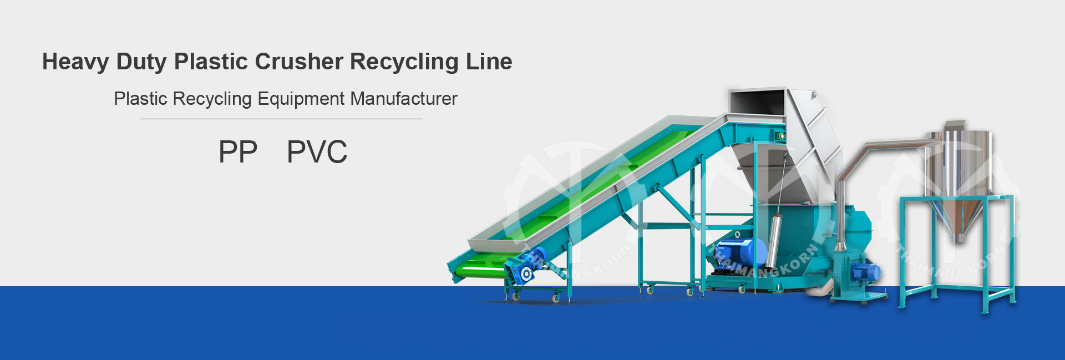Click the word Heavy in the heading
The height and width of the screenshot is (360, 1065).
[75, 62]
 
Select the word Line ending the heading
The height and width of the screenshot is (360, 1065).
[489, 62]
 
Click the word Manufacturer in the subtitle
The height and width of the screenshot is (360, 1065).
[404, 99]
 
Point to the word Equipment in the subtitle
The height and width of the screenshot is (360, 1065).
[301, 99]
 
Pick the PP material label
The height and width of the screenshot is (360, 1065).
[238, 152]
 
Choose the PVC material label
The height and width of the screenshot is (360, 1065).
[317, 152]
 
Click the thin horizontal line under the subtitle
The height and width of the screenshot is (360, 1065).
[281, 119]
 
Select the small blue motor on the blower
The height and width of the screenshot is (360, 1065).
[866, 272]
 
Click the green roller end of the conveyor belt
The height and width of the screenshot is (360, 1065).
[477, 271]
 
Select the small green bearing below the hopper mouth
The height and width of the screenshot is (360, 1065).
[780, 136]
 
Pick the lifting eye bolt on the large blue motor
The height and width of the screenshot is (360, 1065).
[737, 235]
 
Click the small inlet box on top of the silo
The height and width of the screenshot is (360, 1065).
[955, 125]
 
